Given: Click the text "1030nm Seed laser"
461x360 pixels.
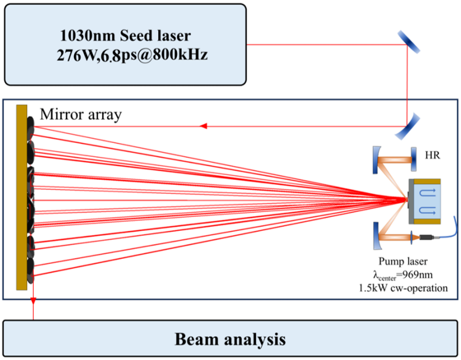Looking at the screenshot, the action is click(x=125, y=36).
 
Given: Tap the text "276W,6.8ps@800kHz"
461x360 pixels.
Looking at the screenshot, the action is click(x=132, y=55).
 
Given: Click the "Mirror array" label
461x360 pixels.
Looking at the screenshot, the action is click(x=80, y=114).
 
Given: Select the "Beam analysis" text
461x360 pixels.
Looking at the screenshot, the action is click(x=230, y=339).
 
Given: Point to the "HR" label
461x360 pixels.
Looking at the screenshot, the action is click(x=433, y=155).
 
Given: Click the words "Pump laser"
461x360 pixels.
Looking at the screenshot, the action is click(x=403, y=261).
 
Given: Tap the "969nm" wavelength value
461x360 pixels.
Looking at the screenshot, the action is click(x=418, y=275).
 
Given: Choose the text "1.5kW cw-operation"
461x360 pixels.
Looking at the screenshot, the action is click(x=403, y=288).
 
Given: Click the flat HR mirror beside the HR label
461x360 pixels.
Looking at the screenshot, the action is click(x=414, y=159).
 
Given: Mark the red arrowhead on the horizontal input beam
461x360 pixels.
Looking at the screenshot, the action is click(x=203, y=126).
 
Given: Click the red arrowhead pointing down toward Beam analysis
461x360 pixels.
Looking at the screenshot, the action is click(x=33, y=301).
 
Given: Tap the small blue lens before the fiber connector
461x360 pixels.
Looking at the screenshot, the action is click(x=411, y=237).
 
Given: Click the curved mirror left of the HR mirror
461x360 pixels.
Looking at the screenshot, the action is click(x=376, y=160).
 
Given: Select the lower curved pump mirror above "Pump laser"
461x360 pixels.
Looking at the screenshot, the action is click(x=376, y=236).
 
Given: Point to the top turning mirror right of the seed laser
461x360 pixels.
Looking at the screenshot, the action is click(x=409, y=42).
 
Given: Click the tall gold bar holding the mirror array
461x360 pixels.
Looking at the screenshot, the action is click(x=22, y=197).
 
